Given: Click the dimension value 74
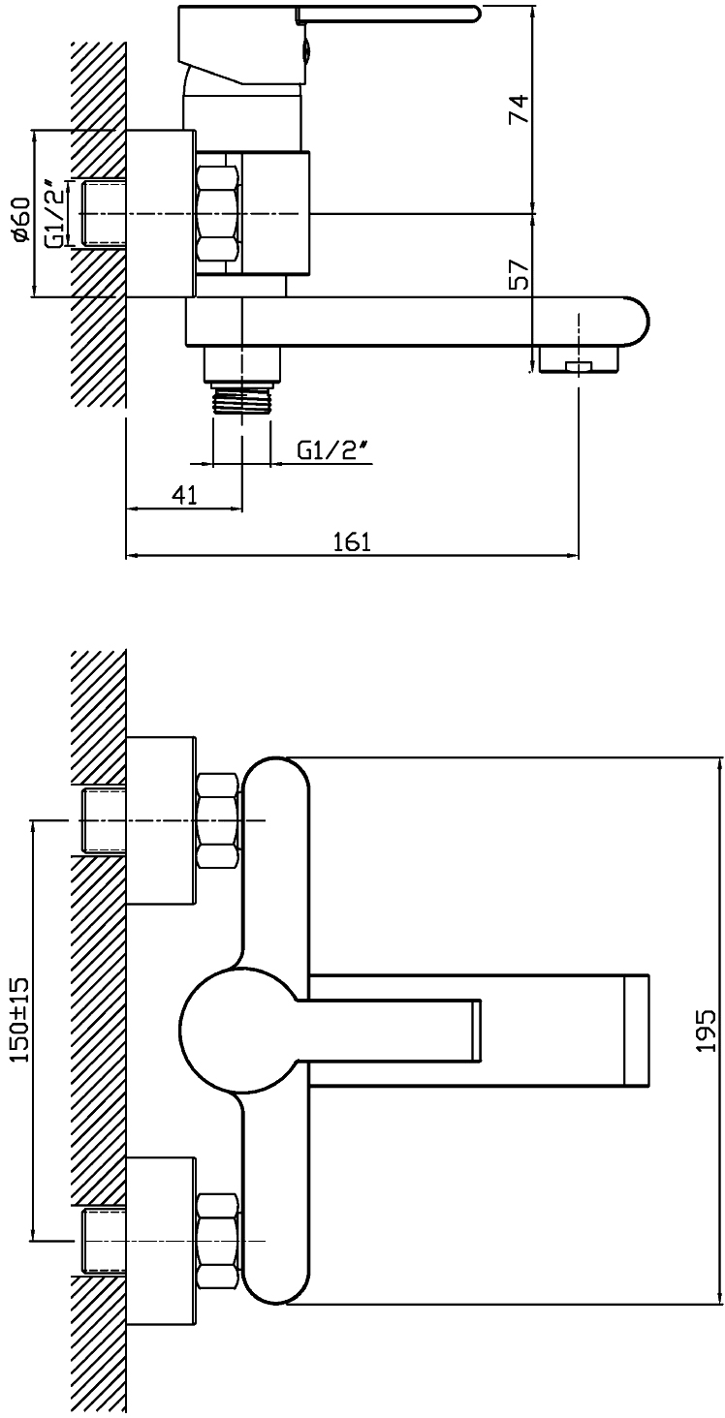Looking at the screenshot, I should click(520, 108).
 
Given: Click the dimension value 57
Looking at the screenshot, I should click(520, 277).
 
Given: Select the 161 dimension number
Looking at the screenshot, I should click(353, 542).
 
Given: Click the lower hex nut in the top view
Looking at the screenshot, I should click(217, 1241).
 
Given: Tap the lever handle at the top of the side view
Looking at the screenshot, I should click(388, 13).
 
